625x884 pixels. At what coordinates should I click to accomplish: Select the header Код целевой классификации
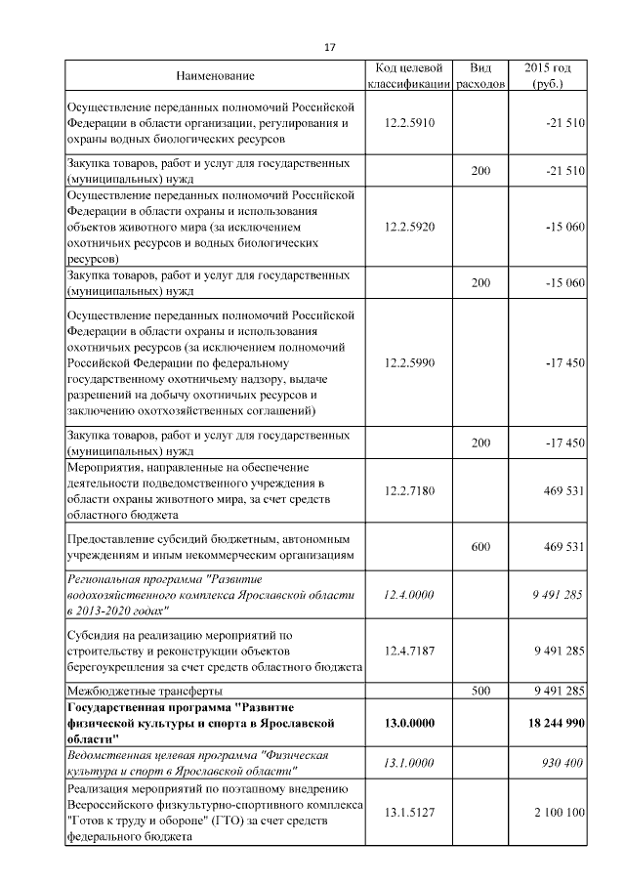point(409,76)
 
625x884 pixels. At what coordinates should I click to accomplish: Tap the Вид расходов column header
point(480,76)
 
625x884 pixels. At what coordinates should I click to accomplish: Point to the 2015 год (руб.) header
point(548,76)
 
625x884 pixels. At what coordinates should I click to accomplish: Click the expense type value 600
point(480,547)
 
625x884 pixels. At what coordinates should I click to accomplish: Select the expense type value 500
point(480,691)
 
